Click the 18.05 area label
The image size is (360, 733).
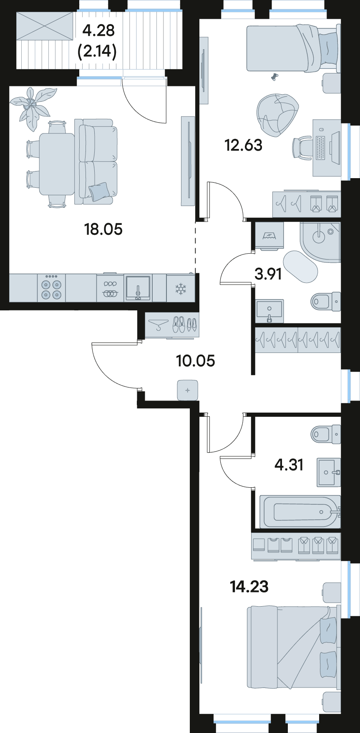tap(103, 229)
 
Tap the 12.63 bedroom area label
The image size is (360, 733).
tap(243, 145)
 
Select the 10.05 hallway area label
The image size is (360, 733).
tap(196, 360)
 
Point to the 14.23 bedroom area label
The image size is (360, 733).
tap(249, 587)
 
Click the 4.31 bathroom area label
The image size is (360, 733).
tap(289, 464)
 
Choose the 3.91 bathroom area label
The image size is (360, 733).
tap(268, 274)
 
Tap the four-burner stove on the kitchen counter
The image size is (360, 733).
tap(51, 288)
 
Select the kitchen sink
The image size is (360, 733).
tap(138, 288)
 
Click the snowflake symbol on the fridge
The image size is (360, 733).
tap(181, 288)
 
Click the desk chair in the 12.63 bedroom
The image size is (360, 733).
tap(302, 147)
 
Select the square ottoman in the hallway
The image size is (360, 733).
tap(187, 390)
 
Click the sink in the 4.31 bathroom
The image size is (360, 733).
tap(329, 472)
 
